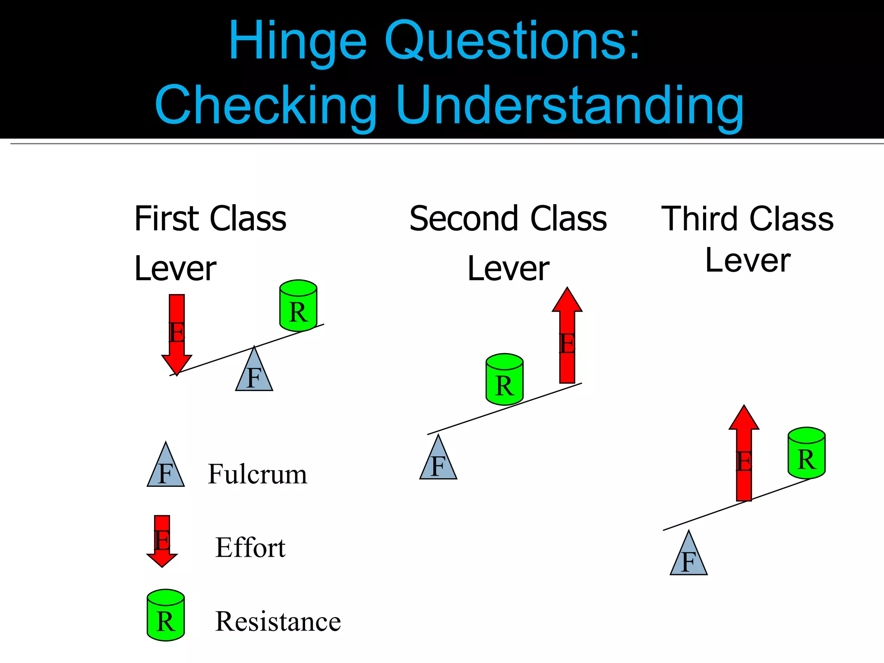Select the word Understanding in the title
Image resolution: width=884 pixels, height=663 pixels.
click(570, 106)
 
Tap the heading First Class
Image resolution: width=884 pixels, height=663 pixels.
click(210, 219)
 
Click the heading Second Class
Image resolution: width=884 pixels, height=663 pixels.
click(508, 219)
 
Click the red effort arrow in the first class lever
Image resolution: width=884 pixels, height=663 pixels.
click(177, 332)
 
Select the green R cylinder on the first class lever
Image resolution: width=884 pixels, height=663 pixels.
click(298, 306)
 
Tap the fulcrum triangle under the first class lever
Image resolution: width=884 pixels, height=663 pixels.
click(254, 374)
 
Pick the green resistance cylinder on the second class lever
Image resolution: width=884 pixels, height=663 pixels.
click(505, 380)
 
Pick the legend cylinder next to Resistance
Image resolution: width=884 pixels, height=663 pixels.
click(166, 615)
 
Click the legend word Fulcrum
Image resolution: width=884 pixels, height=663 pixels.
click(257, 474)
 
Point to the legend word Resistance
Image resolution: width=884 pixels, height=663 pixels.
click(278, 622)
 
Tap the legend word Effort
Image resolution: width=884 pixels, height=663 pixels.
click(250, 548)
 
